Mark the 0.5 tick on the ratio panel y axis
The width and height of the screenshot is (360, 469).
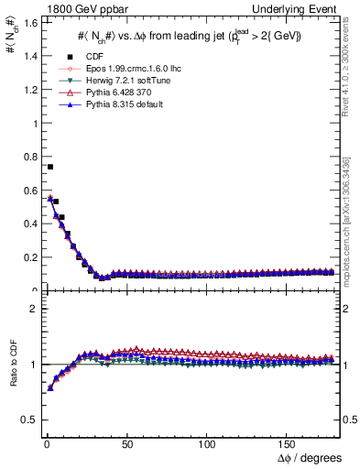[x=27, y=420]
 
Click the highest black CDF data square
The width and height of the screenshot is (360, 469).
[x=49, y=167]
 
